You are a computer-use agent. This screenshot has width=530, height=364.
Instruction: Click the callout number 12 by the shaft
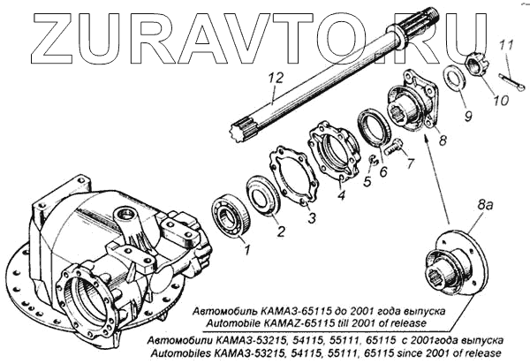[275, 79]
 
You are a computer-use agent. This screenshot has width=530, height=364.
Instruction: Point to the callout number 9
[468, 115]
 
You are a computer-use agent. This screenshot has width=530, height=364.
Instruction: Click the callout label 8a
[484, 206]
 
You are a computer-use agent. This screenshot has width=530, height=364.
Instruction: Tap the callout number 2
[280, 233]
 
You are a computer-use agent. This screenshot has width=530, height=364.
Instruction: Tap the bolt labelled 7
[397, 144]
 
